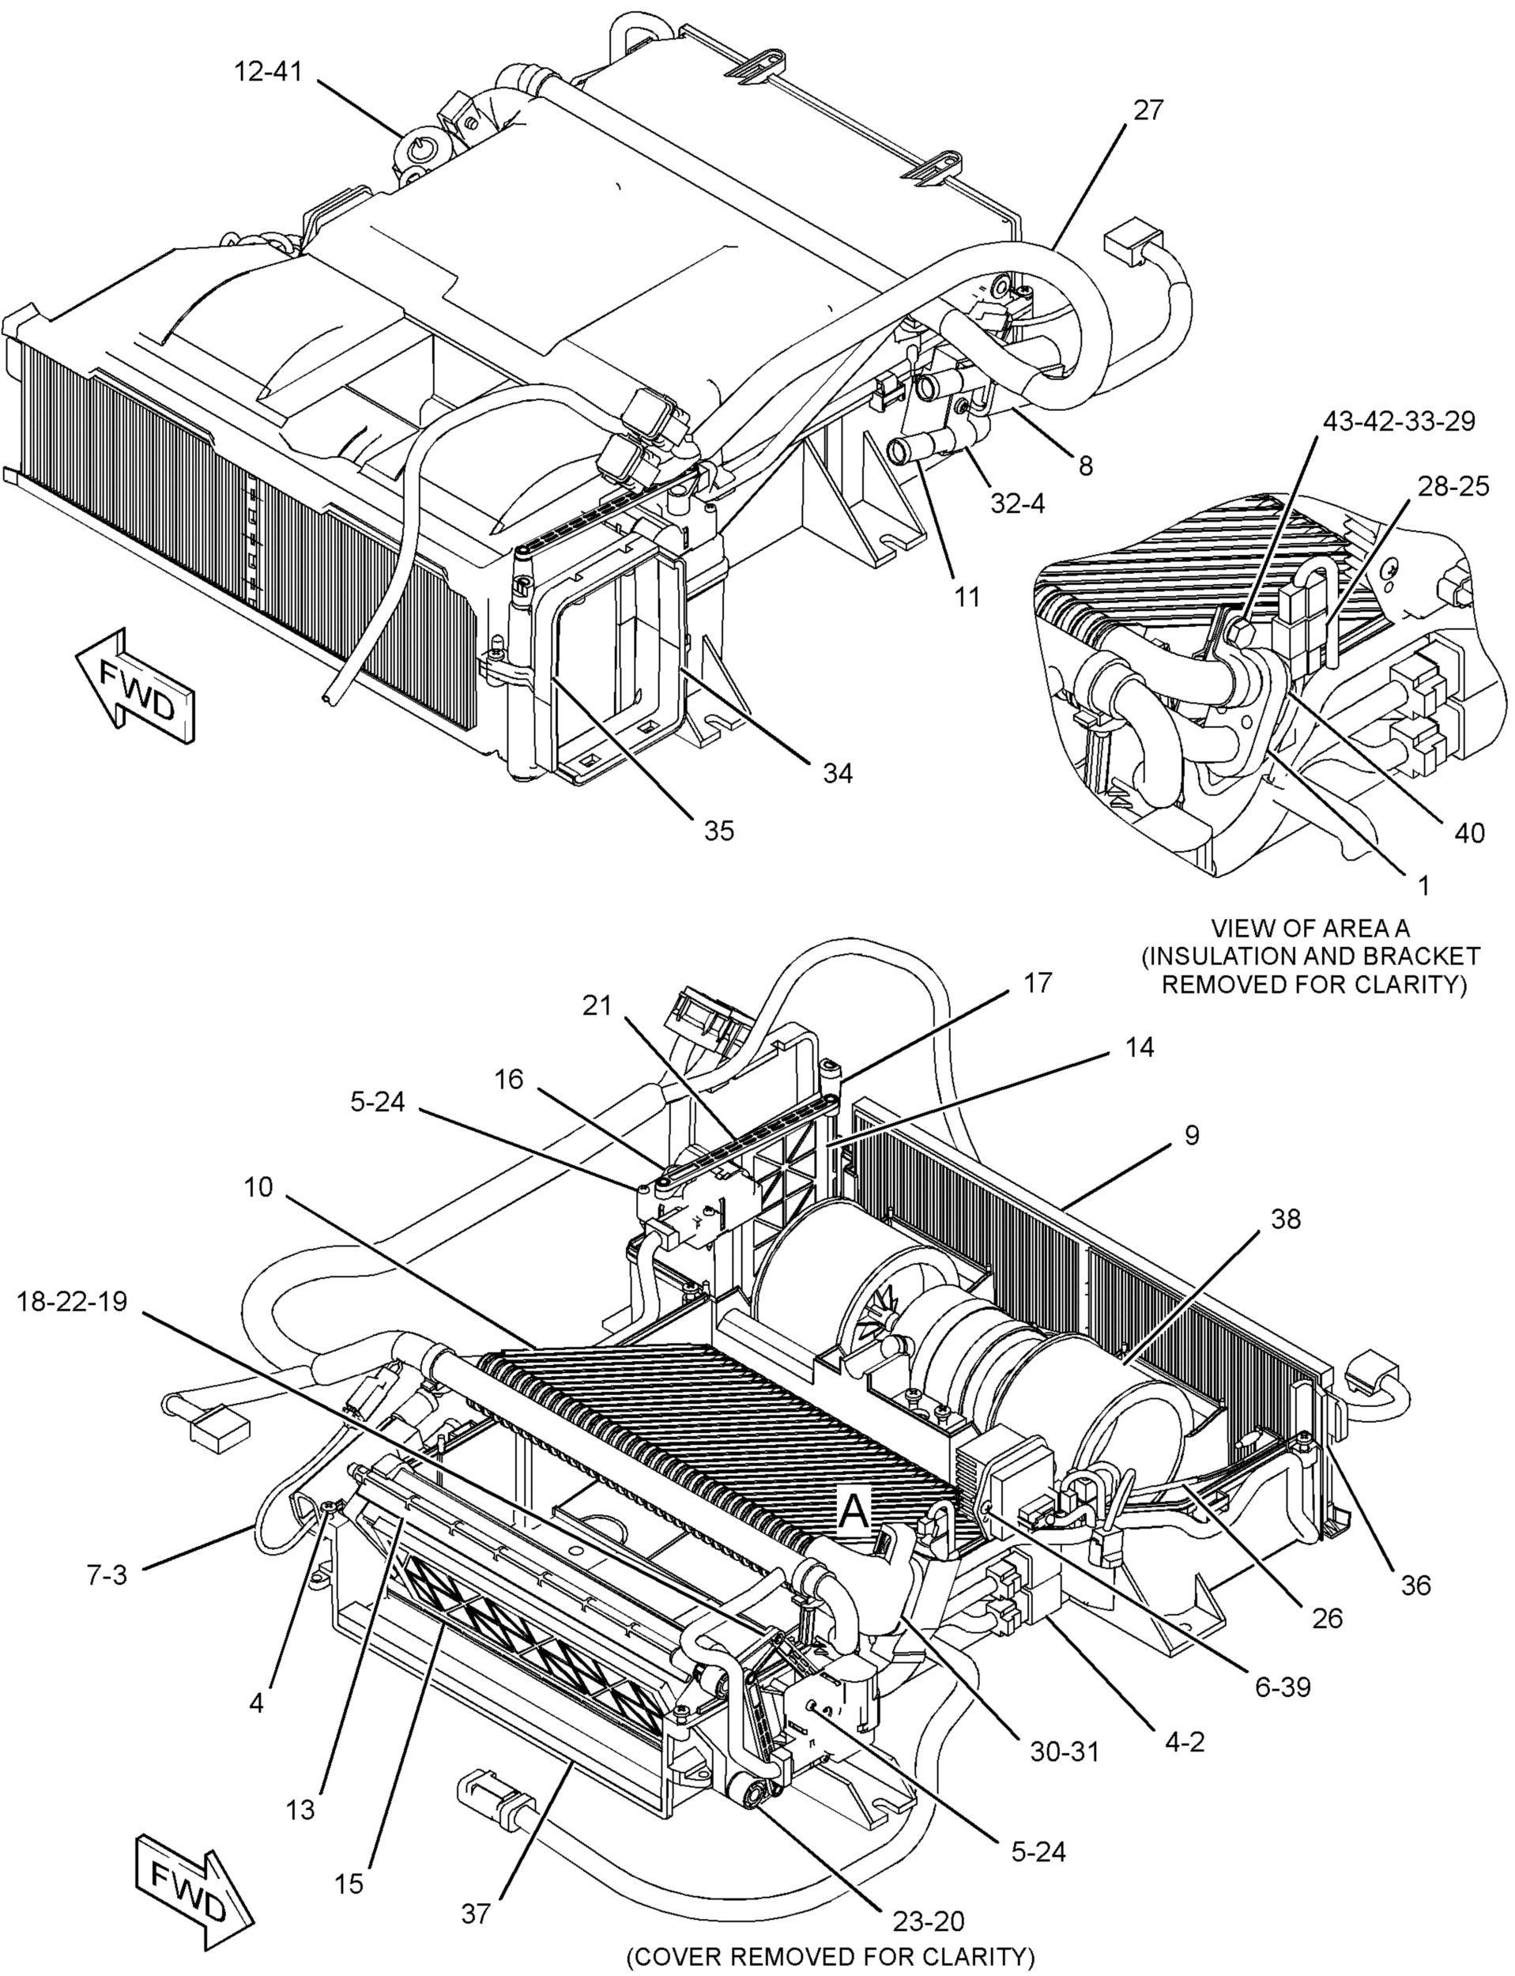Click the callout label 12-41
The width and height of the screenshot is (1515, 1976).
268,72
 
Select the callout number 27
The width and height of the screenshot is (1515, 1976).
1148,110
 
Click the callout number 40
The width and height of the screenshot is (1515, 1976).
1469,832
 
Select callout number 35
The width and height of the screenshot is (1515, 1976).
718,831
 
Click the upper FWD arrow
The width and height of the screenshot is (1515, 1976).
135,687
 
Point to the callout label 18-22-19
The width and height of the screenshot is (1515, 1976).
72,1302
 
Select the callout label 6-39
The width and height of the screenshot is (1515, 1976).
1281,1662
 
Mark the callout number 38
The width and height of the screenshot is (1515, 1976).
1286,1219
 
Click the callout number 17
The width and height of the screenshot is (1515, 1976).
1038,982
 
